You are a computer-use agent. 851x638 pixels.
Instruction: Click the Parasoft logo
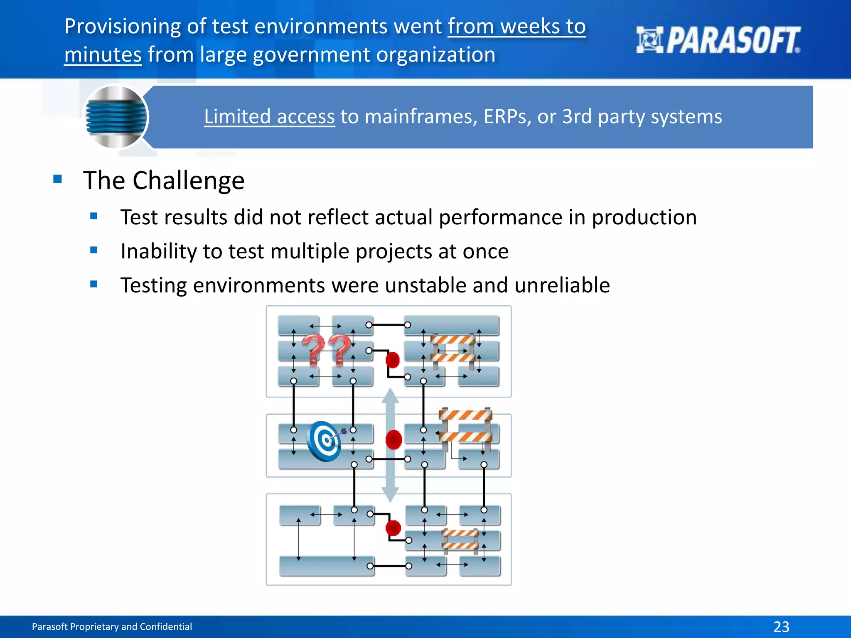pos(718,40)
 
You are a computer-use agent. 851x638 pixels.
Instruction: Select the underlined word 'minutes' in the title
pos(103,55)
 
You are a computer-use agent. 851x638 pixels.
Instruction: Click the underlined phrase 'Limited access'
pos(269,117)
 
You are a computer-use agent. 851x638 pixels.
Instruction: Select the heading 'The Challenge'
pos(164,180)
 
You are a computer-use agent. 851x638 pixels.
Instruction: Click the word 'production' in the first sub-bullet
pos(644,217)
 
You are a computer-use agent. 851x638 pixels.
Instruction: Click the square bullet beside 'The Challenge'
pos(57,179)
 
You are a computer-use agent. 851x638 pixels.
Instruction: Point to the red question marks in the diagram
pos(326,350)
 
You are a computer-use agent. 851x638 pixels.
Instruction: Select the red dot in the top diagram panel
pos(392,360)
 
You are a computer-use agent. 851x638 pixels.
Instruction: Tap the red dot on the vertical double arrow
pos(393,439)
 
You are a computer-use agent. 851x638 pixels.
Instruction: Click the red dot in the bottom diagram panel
pos(393,528)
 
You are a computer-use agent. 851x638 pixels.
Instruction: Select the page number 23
pos(781,626)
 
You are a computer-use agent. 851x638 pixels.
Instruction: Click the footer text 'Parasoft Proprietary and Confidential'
pos(112,626)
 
